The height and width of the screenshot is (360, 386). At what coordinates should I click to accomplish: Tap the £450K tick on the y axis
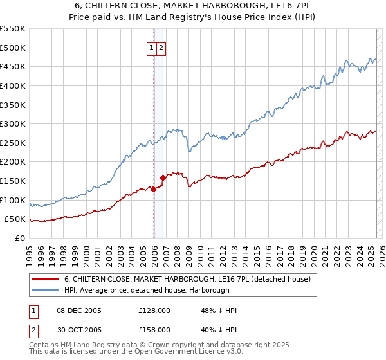point(13,66)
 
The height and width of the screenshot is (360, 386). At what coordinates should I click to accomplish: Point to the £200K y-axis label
point(13,162)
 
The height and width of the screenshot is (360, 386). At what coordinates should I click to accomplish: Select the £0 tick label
point(19,238)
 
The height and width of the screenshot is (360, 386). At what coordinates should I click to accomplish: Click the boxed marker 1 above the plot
point(151,48)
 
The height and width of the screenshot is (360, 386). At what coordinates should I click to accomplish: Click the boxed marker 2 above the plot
point(161,48)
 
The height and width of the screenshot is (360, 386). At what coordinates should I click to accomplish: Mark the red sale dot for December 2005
point(154,189)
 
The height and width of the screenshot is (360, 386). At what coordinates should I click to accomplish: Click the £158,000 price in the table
point(154,330)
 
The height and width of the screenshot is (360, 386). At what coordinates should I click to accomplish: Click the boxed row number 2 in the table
point(33,330)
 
